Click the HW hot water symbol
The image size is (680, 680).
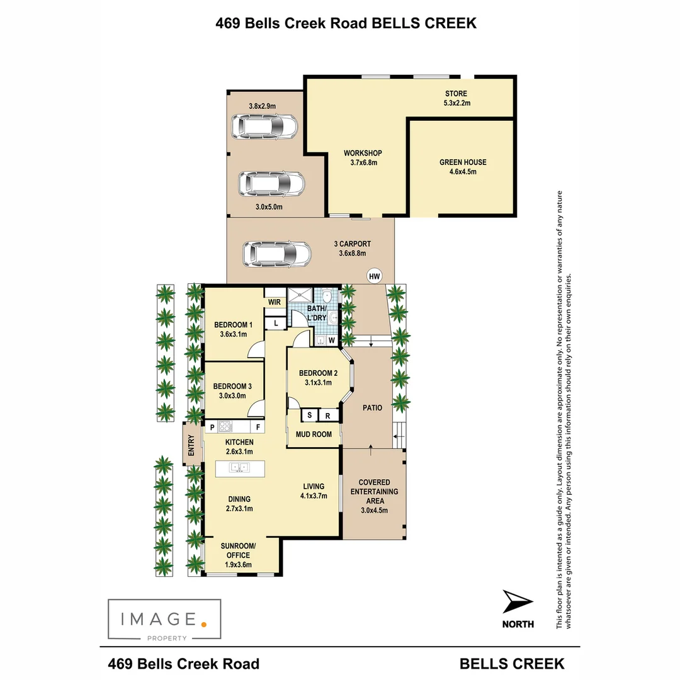(375, 276)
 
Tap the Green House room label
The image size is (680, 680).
(463, 166)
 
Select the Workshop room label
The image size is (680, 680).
(363, 157)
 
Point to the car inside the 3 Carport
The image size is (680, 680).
(277, 254)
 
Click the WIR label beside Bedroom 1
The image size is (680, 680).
(275, 302)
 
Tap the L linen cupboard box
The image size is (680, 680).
(276, 324)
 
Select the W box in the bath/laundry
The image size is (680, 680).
(331, 341)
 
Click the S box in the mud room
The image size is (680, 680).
(309, 416)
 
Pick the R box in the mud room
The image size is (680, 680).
(328, 416)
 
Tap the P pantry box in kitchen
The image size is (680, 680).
(212, 427)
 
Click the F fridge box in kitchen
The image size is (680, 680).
(258, 427)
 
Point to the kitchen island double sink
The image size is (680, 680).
(239, 468)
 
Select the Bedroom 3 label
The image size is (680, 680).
(232, 390)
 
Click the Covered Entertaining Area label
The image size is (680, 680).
(374, 496)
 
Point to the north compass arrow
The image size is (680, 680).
(518, 603)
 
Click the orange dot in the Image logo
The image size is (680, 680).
(203, 624)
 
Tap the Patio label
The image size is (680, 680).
(373, 408)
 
